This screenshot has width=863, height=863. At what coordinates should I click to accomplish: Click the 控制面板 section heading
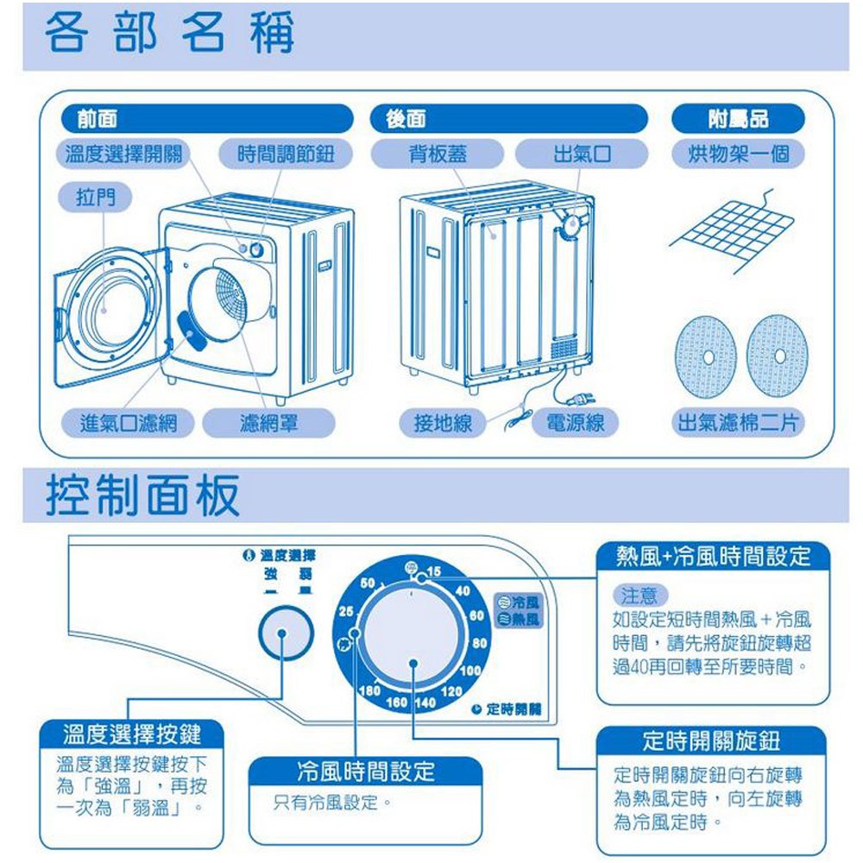click(142, 495)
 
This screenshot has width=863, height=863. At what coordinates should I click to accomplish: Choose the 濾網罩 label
click(257, 423)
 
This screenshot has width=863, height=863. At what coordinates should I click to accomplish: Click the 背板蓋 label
click(438, 154)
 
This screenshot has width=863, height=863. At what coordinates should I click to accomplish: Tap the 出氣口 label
click(582, 154)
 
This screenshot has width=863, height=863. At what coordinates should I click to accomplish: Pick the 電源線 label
click(576, 423)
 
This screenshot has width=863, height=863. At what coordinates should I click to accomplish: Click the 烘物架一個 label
click(738, 154)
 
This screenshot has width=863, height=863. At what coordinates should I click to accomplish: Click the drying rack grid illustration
click(732, 230)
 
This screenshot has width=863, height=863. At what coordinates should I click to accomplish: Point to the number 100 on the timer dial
click(470, 671)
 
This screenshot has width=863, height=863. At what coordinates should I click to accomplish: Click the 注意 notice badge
click(638, 595)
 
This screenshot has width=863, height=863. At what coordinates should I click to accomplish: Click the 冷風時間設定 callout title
click(365, 771)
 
